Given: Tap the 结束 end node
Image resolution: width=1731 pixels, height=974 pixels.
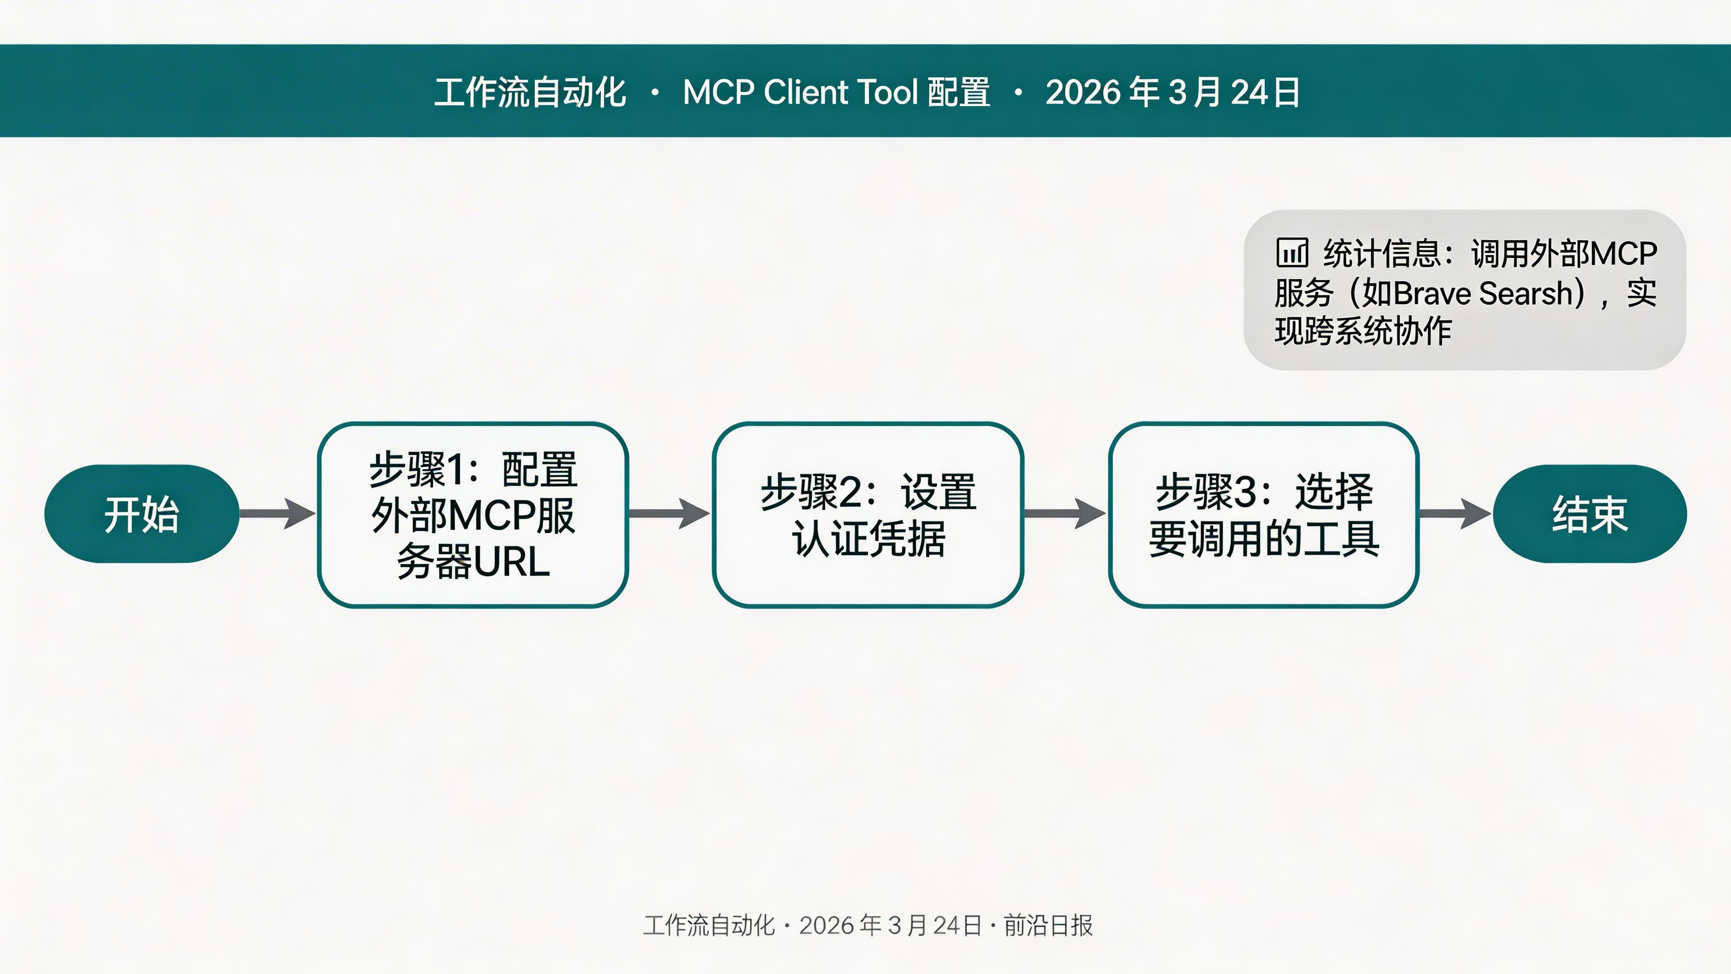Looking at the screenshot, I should point(1589,514).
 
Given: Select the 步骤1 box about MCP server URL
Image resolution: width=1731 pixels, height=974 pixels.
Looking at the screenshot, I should point(472,515).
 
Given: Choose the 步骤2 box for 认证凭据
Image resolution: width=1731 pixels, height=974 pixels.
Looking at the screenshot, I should point(868,515).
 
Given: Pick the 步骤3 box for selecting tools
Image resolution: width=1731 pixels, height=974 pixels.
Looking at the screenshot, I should point(1263,515).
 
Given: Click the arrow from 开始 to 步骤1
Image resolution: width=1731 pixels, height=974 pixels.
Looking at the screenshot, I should point(277,514).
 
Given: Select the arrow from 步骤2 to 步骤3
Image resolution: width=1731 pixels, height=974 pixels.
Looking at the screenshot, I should point(1065,514).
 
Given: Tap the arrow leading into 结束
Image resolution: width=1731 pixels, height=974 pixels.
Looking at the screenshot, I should point(1454,514).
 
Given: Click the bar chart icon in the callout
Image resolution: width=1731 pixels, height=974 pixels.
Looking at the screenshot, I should point(1291,253).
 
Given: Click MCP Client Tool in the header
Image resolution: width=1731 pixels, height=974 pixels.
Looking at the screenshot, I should point(800,92).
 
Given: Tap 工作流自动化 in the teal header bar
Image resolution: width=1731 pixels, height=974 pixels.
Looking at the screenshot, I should point(530,92).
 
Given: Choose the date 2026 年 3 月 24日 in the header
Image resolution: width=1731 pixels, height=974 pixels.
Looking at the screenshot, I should point(1173,92).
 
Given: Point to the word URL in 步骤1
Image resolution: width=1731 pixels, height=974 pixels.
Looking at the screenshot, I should point(512,562).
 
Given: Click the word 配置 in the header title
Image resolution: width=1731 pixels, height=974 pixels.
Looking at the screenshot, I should point(959,92).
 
